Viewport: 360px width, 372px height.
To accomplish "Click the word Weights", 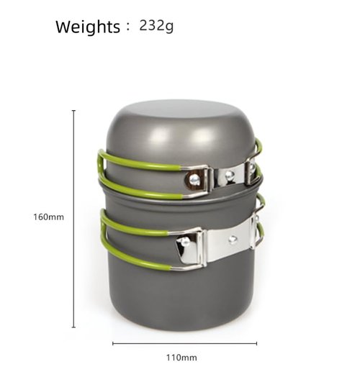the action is tap(88, 27).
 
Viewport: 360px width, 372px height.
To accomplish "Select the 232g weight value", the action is tap(156, 26).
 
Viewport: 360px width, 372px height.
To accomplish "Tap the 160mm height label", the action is tap(49, 217).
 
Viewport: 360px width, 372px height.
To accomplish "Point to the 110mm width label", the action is tap(181, 358).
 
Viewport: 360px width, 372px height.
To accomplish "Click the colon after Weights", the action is tap(128, 27).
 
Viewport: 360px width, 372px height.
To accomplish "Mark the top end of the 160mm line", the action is tap(73, 111).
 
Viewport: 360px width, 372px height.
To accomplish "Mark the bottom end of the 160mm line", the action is tap(73, 327).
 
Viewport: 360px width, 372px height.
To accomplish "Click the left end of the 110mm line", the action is tap(113, 343).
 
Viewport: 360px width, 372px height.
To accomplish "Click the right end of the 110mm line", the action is tap(256, 343).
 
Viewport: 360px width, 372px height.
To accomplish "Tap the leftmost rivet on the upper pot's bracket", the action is tap(194, 178).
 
